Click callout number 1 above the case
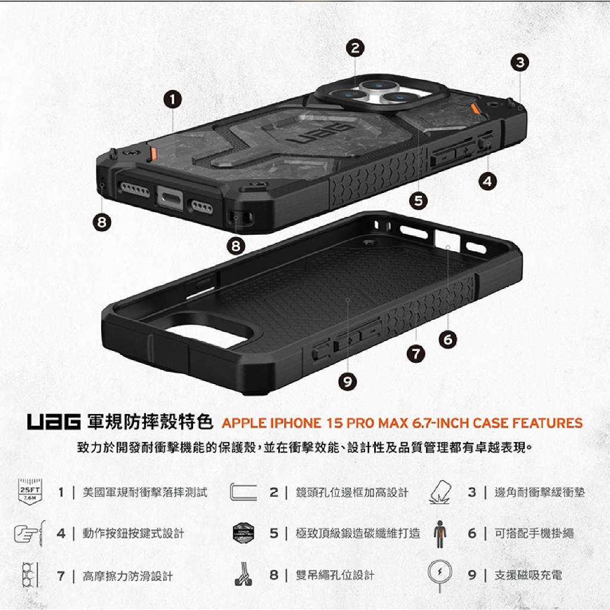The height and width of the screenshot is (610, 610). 172,99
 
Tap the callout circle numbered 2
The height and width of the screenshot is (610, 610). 355,48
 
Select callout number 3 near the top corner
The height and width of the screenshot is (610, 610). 519,62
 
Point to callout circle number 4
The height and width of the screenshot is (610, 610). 487,181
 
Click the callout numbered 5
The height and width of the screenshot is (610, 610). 418,201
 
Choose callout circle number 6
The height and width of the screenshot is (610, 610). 448,340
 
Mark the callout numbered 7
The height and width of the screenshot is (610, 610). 416,354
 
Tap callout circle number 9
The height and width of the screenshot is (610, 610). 347,382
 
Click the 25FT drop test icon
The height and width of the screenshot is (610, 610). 30,491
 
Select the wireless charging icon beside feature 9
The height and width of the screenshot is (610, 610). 440,575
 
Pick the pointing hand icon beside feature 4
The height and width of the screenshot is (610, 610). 30,533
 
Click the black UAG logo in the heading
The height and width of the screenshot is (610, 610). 54,422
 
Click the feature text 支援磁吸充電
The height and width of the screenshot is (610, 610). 528,575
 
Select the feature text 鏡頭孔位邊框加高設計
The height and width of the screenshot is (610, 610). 352,493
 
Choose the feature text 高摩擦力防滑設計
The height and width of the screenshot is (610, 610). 127,576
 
